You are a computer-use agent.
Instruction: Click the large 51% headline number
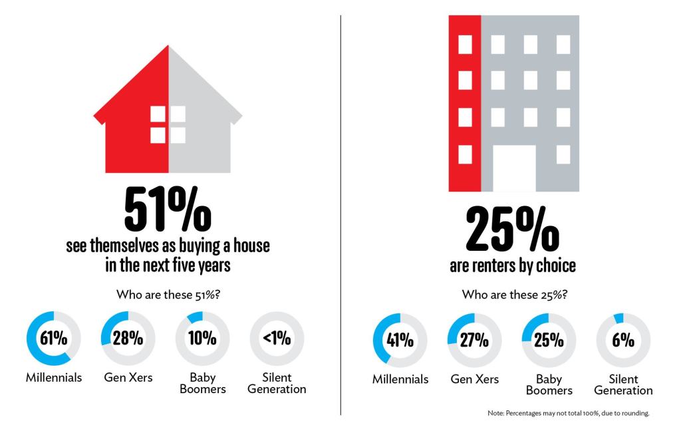point(168,209)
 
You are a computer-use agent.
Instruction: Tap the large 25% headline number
point(512,228)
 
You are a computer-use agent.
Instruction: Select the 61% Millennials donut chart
point(54,338)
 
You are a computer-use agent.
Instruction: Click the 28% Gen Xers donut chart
point(128,338)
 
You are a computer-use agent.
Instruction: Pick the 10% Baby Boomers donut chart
point(203,338)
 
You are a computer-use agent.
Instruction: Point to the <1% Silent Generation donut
point(277,338)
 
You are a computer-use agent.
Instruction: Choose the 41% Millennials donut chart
point(400,341)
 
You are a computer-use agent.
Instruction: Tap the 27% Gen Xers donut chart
point(475,341)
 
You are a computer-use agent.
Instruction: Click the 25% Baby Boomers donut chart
point(549,341)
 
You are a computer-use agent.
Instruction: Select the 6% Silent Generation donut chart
point(623,341)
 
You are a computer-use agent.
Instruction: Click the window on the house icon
point(168,124)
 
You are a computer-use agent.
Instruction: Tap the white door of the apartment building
point(513,168)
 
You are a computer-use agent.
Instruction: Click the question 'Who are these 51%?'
point(168,293)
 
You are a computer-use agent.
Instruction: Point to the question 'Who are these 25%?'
point(512,293)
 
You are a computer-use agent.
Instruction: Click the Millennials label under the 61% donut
point(54,378)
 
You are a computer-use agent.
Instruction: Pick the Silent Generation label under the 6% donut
point(623,384)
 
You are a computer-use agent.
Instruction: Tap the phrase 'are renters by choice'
point(512,267)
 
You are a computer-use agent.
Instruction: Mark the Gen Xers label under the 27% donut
point(475,379)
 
